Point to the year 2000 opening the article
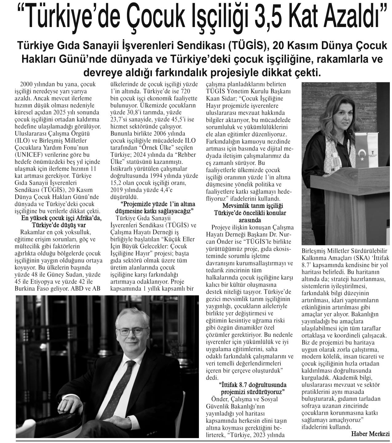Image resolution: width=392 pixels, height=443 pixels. click(x=26, y=84)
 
